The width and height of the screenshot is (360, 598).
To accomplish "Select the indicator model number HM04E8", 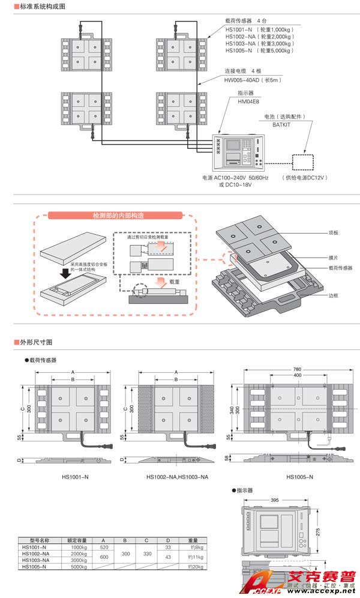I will click(x=248, y=101).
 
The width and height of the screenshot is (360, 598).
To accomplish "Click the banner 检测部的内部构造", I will click(x=118, y=216).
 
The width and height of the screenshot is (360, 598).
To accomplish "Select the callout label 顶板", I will click(x=334, y=232).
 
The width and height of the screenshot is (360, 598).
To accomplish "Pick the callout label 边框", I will click(x=334, y=295).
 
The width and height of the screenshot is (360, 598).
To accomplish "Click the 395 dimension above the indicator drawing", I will click(x=274, y=500).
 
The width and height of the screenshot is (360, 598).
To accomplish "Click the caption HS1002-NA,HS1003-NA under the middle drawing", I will click(x=177, y=477).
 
